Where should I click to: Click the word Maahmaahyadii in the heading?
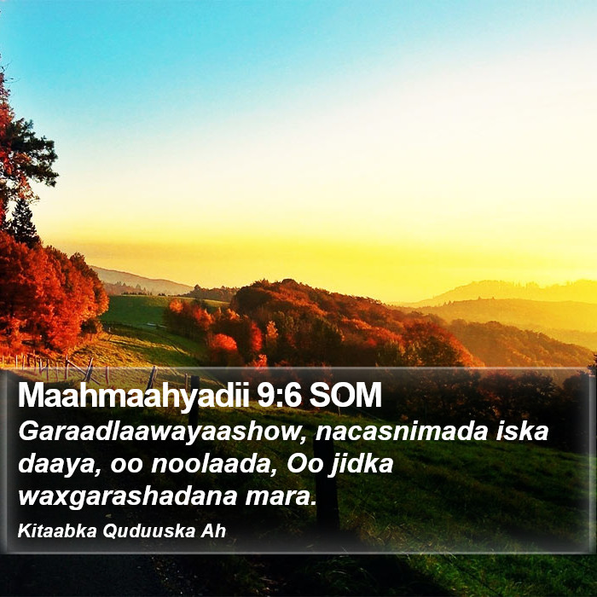[134, 396]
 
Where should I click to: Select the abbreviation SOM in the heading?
[345, 394]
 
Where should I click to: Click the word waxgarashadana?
[128, 497]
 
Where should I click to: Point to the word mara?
[281, 497]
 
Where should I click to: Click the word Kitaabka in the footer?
[57, 530]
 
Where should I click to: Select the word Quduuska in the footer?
[149, 531]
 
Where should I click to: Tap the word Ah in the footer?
[213, 530]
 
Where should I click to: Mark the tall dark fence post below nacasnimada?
[327, 484]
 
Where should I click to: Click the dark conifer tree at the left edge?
[24, 223]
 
